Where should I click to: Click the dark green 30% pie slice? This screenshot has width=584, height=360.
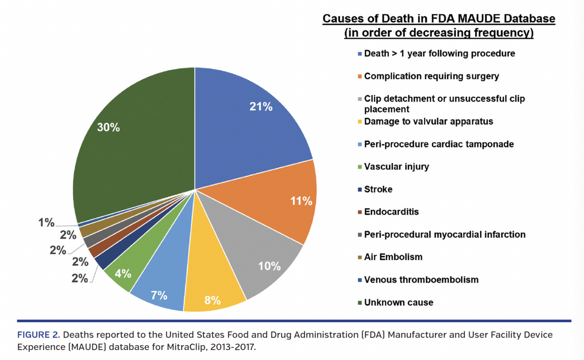135,148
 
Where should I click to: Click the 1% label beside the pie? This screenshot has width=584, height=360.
46,222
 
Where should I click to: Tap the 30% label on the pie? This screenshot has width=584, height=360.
109,128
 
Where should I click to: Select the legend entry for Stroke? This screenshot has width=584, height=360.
378,189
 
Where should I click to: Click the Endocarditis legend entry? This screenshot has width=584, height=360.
391,212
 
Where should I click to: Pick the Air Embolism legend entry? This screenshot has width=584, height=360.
393,257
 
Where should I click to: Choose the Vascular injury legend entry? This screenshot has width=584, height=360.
396,167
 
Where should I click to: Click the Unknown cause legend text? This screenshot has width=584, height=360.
398,302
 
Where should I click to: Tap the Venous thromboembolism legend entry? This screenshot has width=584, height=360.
421,280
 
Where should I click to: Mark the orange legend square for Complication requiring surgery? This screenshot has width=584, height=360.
360,77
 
